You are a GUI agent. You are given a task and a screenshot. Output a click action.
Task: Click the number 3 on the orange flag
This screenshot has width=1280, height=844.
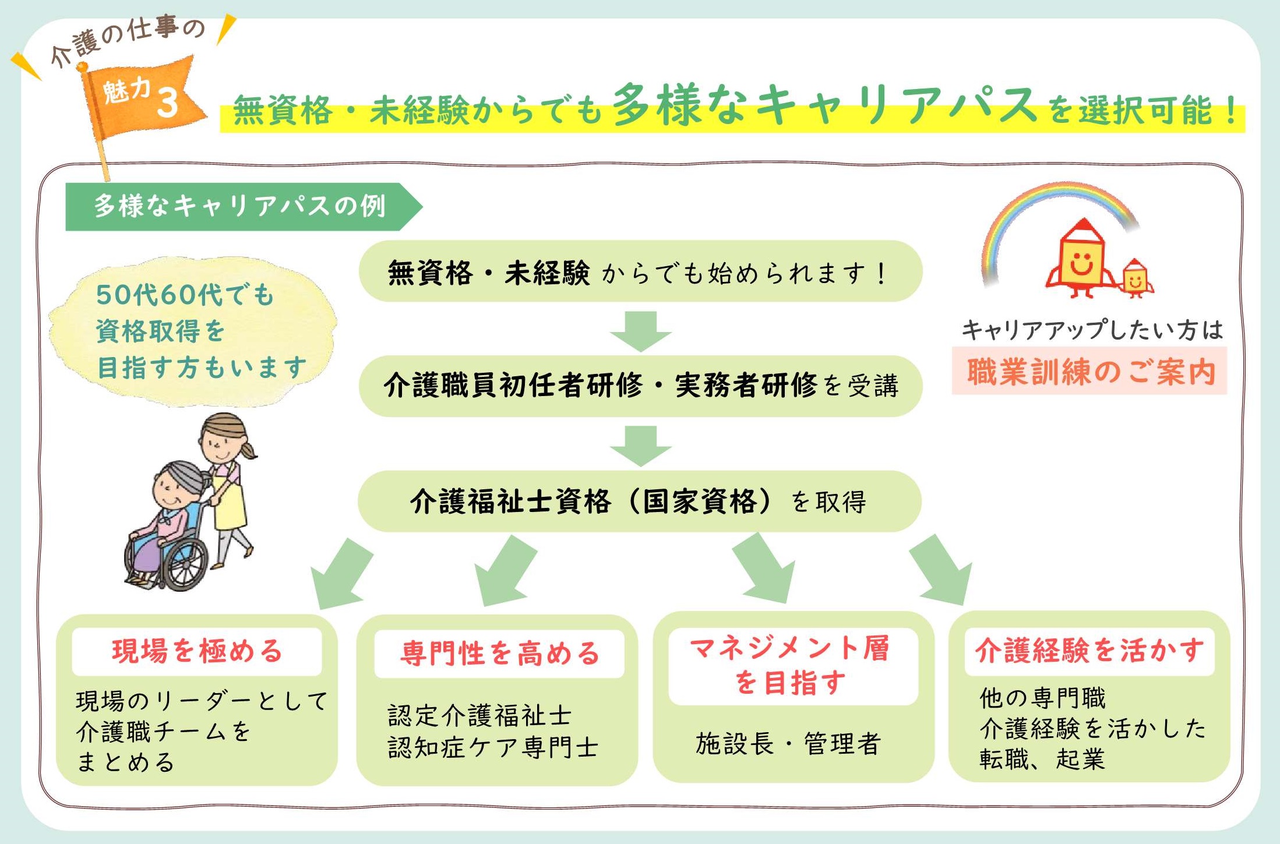coord(167,103)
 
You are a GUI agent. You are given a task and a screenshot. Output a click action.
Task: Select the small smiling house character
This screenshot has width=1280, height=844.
coord(1135,279)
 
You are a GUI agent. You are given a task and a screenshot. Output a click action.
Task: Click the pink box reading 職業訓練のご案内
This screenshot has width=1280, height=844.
coord(1089,371)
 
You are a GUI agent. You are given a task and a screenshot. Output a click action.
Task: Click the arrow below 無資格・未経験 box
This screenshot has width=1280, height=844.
coord(641,331)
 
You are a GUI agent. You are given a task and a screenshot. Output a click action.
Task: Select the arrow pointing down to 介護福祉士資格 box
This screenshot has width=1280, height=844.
coord(641,446)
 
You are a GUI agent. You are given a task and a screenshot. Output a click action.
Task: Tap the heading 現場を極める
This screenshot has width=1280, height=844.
coord(197,651)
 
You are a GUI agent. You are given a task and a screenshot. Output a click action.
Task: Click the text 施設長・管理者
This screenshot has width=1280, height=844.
coord(788,744)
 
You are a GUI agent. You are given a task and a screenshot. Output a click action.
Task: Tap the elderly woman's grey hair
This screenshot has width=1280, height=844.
coord(181,476)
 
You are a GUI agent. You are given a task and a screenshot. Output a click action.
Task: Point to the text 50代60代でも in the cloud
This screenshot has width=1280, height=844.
coord(185,295)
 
